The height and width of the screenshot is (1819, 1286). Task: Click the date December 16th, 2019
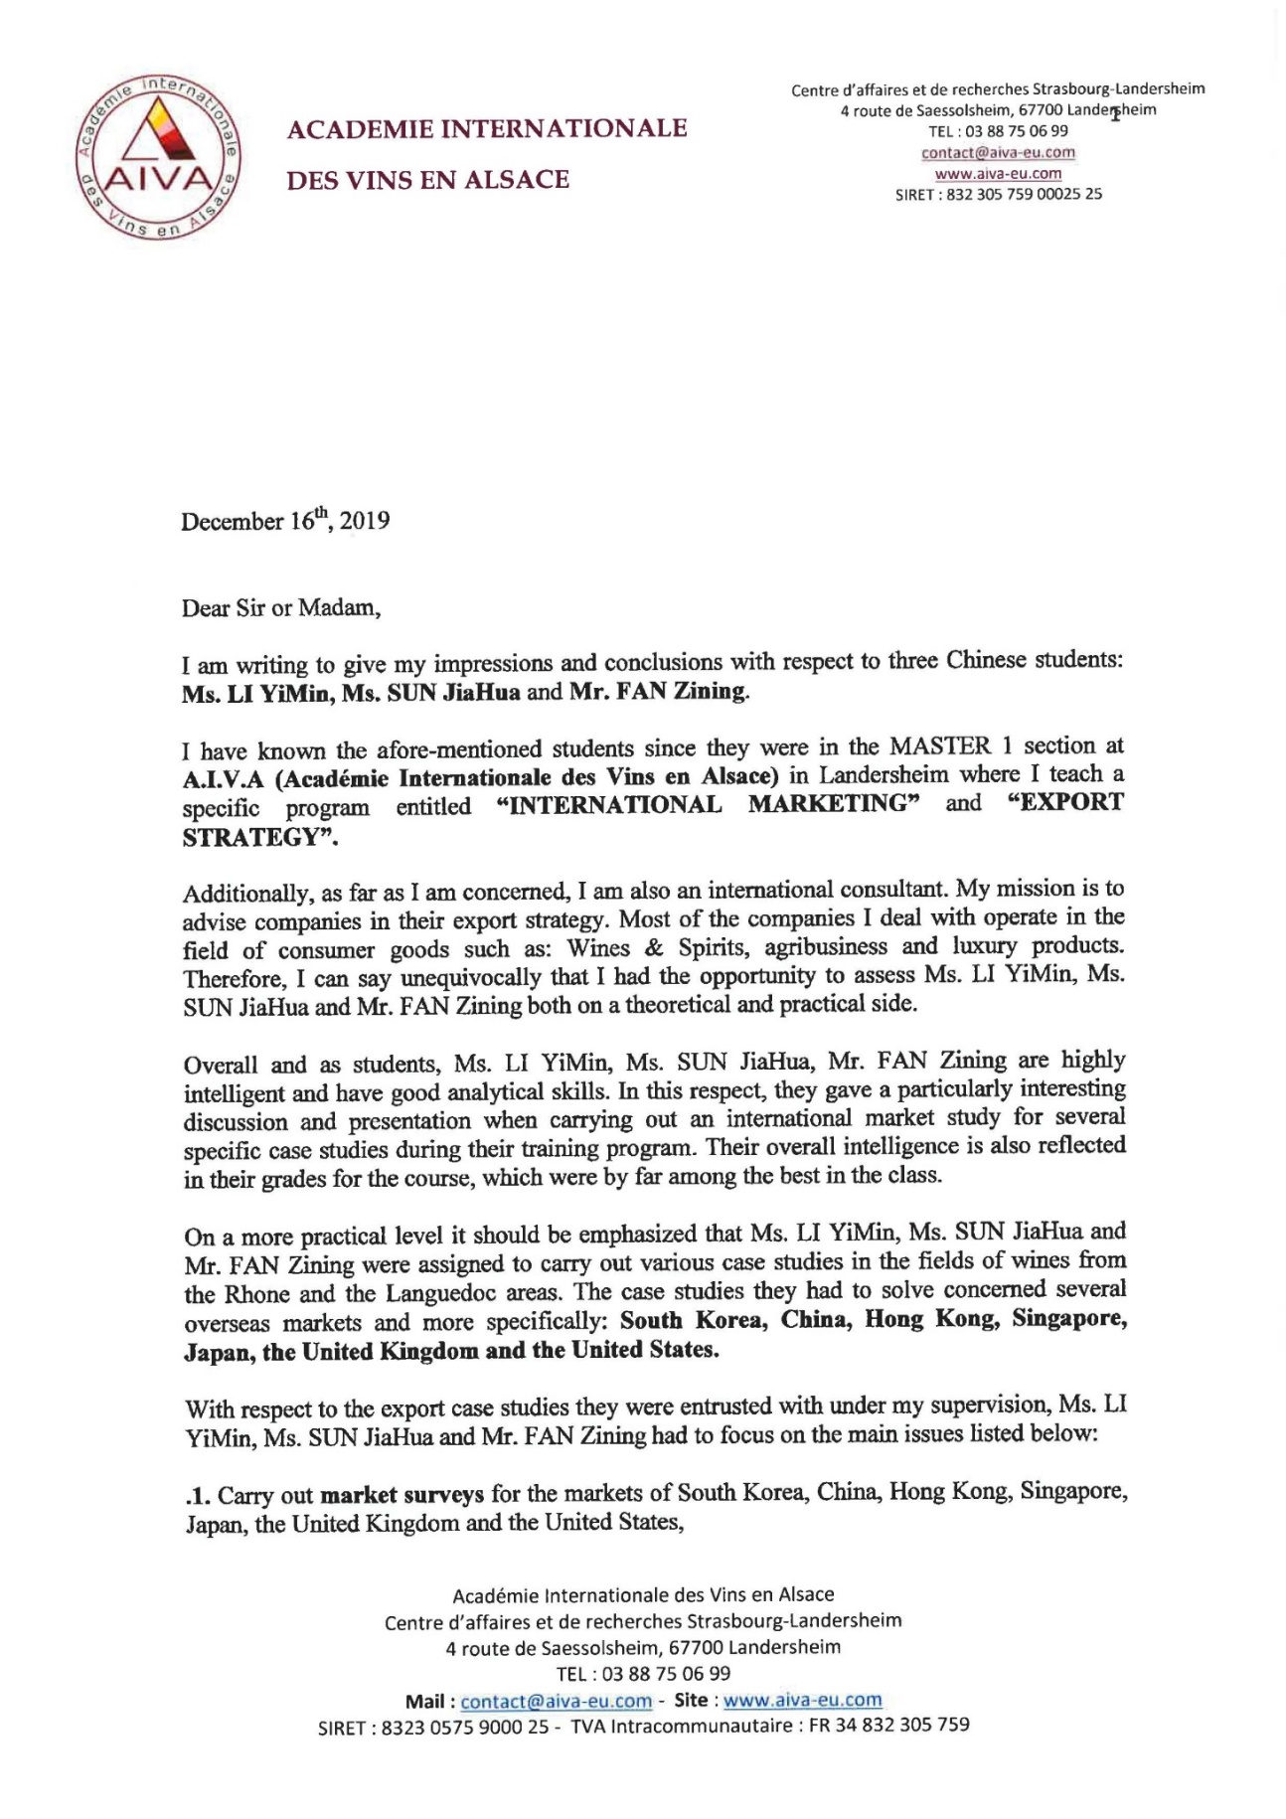pyautogui.click(x=284, y=520)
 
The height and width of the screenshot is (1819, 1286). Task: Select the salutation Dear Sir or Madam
pyautogui.click(x=280, y=607)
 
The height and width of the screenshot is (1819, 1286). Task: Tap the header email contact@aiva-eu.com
pyautogui.click(x=998, y=152)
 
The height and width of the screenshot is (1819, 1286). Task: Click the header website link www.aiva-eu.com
pyautogui.click(x=998, y=173)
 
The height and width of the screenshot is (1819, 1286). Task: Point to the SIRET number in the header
pyautogui.click(x=998, y=194)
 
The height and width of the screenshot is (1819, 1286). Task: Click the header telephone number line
pyautogui.click(x=998, y=131)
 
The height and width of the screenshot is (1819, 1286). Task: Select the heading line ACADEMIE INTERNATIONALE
pyautogui.click(x=487, y=128)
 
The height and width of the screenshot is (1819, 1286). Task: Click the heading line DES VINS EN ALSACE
pyautogui.click(x=428, y=180)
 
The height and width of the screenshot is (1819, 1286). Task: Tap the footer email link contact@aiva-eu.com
pyautogui.click(x=556, y=1701)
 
